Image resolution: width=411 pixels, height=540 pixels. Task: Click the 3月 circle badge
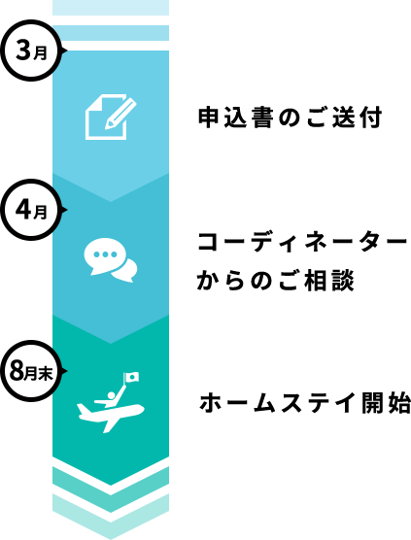[x=31, y=51]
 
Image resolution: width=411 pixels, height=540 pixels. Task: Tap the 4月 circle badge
[x=31, y=210]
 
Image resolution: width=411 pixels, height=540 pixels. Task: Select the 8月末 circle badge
[x=31, y=371]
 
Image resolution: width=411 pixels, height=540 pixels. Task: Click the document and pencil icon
[x=111, y=117]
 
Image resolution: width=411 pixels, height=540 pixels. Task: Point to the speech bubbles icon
[x=111, y=260]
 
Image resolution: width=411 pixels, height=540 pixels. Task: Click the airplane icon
[x=110, y=416]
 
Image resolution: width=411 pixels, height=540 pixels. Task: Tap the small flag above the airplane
[x=132, y=377]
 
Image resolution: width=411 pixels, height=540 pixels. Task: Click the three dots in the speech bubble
[x=105, y=254]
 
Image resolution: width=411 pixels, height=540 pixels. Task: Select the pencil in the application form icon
[x=120, y=113]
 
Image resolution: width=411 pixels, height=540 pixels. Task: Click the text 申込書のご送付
[x=291, y=118]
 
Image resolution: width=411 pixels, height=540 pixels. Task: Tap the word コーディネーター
[x=302, y=243]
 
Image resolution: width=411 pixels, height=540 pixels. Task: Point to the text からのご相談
[x=276, y=280]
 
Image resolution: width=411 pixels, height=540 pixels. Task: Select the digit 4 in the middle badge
[x=23, y=210]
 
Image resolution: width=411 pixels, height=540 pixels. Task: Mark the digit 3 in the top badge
[x=23, y=51]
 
